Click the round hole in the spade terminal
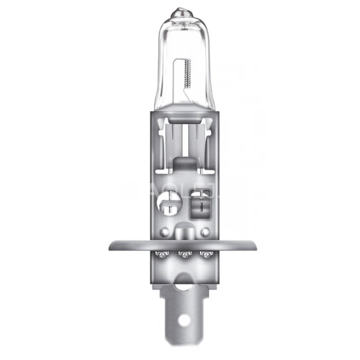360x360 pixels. pyautogui.click(x=183, y=321)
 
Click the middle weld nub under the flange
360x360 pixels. pyautogui.click(x=183, y=255)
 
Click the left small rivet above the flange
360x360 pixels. pyautogui.click(x=165, y=232)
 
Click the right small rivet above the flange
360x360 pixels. pyautogui.click(x=205, y=232)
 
